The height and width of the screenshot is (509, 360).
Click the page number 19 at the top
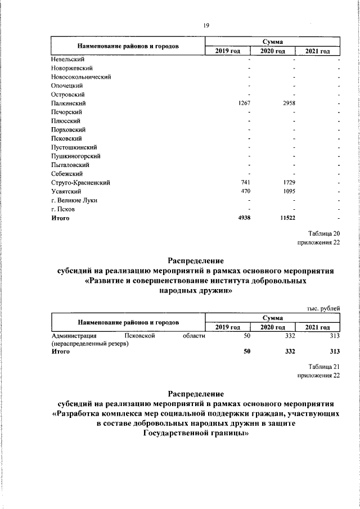coord(206,25)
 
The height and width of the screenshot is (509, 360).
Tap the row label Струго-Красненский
coord(80,183)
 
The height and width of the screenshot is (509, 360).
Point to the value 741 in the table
coord(245,183)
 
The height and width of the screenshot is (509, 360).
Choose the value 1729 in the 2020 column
coord(289,183)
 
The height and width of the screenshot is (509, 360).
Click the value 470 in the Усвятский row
coord(245,192)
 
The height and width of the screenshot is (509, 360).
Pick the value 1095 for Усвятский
coord(289,192)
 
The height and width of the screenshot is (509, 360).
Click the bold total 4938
coord(243,218)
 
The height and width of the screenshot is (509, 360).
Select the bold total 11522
coord(287,218)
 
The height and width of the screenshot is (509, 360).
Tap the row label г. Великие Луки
coord(73,201)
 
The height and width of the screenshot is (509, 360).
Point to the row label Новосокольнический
coord(81,76)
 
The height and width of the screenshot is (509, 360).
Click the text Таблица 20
coord(325,233)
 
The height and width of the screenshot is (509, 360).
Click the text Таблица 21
coord(325,366)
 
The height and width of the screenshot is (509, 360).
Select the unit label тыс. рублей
coord(323,308)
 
